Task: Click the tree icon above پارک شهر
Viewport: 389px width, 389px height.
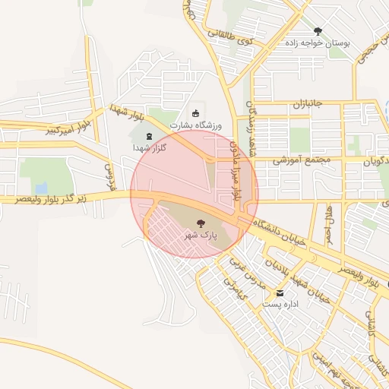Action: [201, 223]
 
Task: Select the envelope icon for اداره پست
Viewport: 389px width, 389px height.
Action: [280, 293]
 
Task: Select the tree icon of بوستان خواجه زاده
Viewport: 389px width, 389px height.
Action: [318, 31]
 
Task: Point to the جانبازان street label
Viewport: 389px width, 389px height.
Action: [309, 103]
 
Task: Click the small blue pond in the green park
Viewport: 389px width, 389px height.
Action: [41, 187]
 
